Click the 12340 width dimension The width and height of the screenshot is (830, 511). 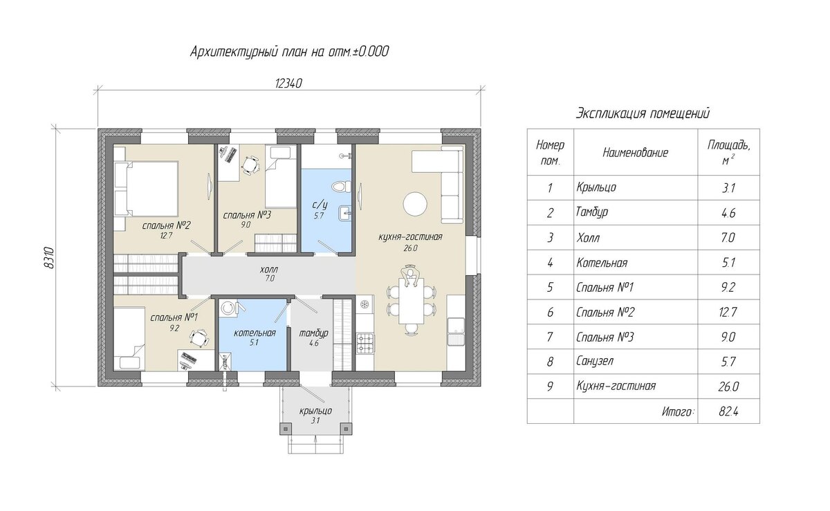click(288, 84)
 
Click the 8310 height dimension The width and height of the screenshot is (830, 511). click(49, 258)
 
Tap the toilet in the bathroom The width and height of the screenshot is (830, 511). click(341, 187)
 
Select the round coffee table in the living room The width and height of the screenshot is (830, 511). click(414, 203)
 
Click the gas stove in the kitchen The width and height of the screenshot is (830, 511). click(365, 344)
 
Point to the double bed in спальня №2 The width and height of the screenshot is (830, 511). click(147, 189)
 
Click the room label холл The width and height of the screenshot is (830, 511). click(269, 270)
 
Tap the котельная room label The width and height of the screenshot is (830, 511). click(255, 333)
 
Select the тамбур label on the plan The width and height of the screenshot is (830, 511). click(313, 333)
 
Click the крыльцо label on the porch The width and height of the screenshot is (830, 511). click(315, 411)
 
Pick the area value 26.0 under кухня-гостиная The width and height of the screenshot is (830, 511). click(410, 248)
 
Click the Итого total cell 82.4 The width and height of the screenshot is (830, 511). click(728, 411)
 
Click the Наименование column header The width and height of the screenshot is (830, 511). click(635, 152)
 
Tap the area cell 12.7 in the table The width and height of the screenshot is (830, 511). click(728, 313)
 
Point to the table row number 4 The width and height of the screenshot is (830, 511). click(550, 263)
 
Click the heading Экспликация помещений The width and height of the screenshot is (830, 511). click(643, 113)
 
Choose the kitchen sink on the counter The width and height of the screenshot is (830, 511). click(456, 332)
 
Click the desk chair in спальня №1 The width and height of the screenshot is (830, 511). click(199, 338)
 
